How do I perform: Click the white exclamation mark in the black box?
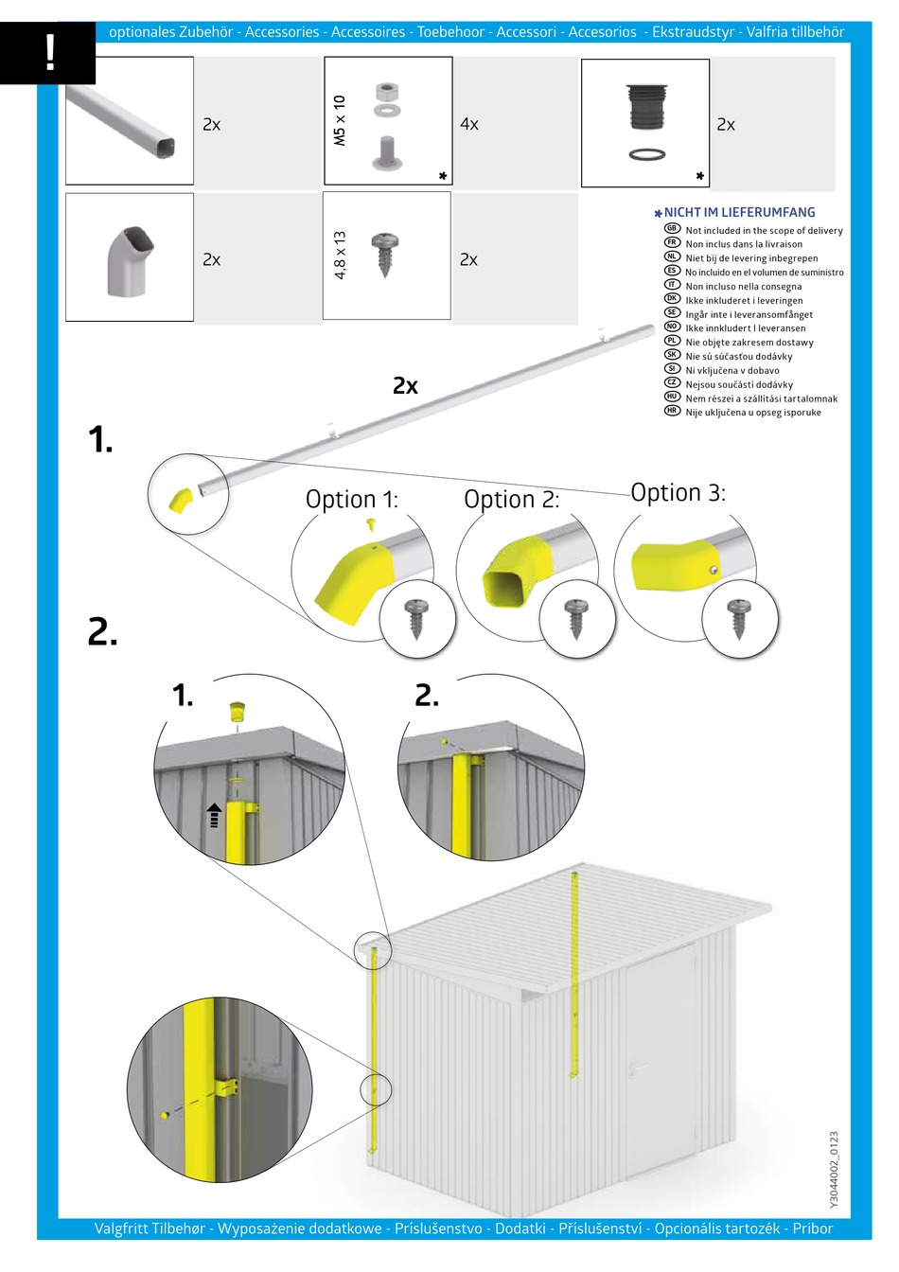[x=50, y=53]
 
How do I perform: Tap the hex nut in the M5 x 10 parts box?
[x=386, y=92]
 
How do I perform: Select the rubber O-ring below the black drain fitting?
[x=646, y=153]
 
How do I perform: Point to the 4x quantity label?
[x=468, y=124]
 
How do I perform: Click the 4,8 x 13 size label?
[x=340, y=256]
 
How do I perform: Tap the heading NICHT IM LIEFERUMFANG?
[x=739, y=213]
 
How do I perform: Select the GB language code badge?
[x=672, y=229]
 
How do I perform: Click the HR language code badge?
[x=672, y=412]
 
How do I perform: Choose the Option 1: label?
[x=351, y=500]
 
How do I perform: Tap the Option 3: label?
[x=678, y=492]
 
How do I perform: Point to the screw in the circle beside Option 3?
[x=739, y=619]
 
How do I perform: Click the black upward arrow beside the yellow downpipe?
[x=214, y=815]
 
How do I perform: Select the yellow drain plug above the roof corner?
[x=238, y=710]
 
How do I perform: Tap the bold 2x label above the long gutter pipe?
[x=405, y=385]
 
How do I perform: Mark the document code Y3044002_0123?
[x=834, y=1169]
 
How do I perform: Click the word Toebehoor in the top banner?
[x=450, y=32]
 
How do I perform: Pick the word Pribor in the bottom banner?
[x=812, y=1228]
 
